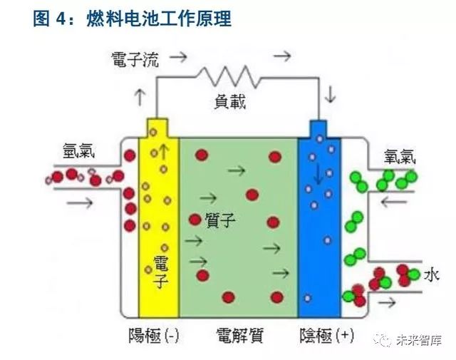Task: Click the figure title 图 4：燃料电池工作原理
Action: click(133, 19)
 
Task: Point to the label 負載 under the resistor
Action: click(229, 102)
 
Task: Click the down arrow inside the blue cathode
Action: click(317, 175)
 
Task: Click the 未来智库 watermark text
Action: click(421, 341)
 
